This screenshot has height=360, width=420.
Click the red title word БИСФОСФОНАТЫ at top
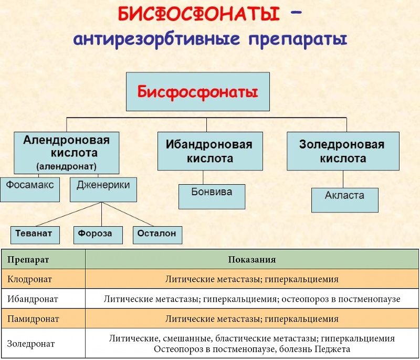(x=198, y=14)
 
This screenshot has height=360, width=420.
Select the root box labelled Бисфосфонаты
(x=197, y=92)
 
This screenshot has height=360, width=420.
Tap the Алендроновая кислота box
(x=66, y=153)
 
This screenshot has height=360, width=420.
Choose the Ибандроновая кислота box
(x=210, y=151)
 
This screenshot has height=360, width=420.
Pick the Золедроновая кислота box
(x=342, y=151)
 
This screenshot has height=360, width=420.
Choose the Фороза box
(x=95, y=234)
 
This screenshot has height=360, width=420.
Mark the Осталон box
(x=157, y=234)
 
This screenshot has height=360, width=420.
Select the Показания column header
(x=252, y=260)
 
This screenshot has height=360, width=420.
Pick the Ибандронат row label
(x=32, y=299)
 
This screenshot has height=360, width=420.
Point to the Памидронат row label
(x=33, y=319)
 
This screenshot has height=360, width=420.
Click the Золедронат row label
(x=31, y=344)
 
